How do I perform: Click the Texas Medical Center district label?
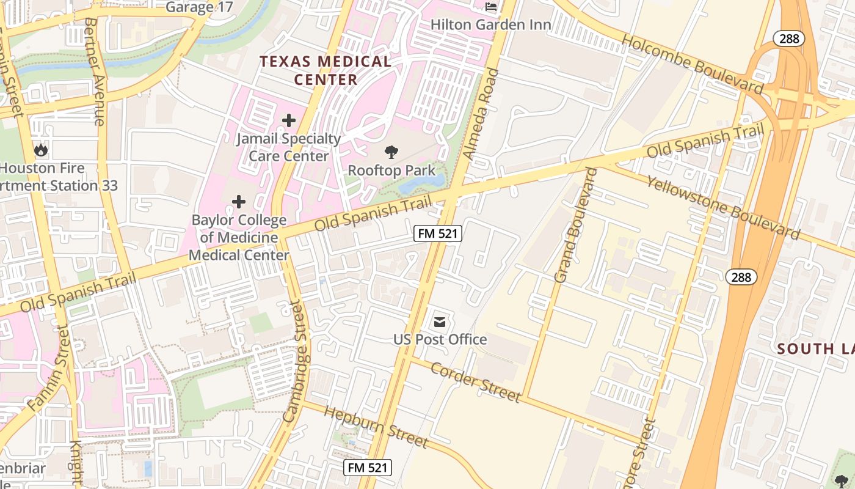tap(326, 70)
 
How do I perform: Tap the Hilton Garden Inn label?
tap(490, 25)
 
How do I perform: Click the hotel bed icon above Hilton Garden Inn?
tap(491, 7)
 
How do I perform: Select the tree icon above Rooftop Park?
tap(391, 152)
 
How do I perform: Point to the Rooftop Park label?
tap(391, 171)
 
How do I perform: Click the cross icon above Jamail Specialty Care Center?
tap(288, 120)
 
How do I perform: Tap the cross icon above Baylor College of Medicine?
tap(239, 202)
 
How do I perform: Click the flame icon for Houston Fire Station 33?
tap(41, 150)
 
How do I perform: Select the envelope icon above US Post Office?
tap(440, 322)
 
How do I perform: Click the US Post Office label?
tap(440, 340)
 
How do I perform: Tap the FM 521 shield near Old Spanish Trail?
tap(437, 233)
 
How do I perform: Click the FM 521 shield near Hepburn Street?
tap(367, 468)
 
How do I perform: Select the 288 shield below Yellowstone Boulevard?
tap(741, 277)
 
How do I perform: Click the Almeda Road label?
tap(481, 114)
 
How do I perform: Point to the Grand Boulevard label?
tap(575, 225)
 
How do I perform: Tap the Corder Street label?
tap(475, 382)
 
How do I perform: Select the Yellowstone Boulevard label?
tap(723, 208)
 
